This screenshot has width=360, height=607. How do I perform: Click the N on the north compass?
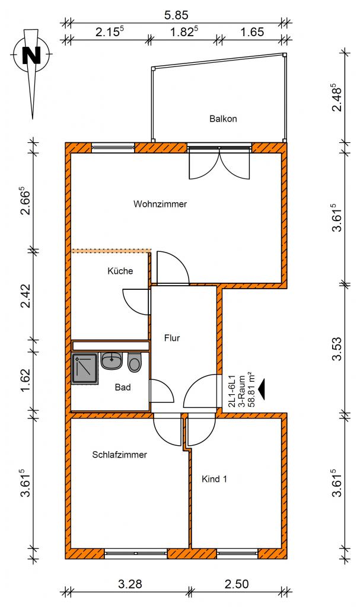[x=31, y=55]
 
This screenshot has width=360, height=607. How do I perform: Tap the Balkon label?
[x=223, y=119]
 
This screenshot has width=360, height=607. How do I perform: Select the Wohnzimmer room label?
[x=160, y=204]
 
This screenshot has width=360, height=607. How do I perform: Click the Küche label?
[x=120, y=270]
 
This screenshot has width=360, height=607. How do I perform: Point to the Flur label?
[x=172, y=338]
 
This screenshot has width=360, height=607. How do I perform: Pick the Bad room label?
[x=123, y=387]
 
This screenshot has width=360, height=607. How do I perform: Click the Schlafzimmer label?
[x=119, y=455]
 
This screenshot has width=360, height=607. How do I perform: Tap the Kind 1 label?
[x=214, y=479]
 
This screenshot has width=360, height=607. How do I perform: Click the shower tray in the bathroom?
[x=84, y=368]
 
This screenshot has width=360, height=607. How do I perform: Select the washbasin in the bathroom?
[x=112, y=360]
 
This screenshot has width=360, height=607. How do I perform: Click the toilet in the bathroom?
[x=135, y=362]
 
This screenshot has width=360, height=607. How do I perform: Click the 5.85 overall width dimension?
[x=176, y=15]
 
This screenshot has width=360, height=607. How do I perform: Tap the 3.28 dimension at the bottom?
[x=130, y=583]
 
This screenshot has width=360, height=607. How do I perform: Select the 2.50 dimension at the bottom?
[x=237, y=583]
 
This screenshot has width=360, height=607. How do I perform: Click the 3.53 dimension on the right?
[x=337, y=349]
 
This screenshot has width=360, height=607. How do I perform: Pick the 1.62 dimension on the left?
[x=26, y=380]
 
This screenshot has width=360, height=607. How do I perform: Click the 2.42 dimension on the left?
[x=26, y=296]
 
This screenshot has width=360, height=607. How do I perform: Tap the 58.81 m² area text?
[x=251, y=390]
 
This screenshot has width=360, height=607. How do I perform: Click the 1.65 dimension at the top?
[x=252, y=32]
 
